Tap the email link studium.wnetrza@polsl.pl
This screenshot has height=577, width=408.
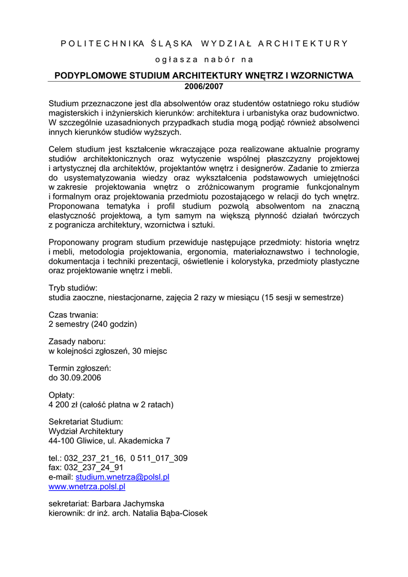(x=122, y=477)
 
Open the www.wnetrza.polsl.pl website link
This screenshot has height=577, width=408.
(x=87, y=486)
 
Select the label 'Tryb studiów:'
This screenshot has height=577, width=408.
(x=73, y=287)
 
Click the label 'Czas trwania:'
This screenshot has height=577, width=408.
(x=74, y=314)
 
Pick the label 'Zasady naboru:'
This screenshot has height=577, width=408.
(x=77, y=341)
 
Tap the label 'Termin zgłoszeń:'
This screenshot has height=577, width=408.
(x=80, y=369)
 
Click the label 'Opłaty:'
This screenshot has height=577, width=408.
(x=61, y=395)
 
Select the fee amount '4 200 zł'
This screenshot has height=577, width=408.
(x=64, y=405)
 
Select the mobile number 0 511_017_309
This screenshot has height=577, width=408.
(x=158, y=458)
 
